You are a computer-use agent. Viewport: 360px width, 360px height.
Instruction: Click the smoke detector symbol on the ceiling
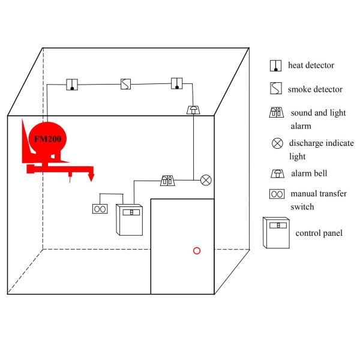click(x=125, y=83)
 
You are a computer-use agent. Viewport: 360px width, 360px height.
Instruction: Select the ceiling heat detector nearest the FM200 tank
click(x=72, y=84)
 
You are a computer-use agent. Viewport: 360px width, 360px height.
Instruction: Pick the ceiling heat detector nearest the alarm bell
click(x=176, y=83)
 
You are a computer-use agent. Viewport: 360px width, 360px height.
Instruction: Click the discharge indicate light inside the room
click(x=206, y=179)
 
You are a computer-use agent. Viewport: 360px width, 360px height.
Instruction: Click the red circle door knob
click(x=196, y=250)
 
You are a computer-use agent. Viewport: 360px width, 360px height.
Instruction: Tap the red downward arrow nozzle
click(x=91, y=176)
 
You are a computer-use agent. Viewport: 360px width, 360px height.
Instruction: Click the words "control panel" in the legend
click(x=319, y=232)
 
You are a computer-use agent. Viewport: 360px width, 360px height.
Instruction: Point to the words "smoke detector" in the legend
click(x=315, y=89)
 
